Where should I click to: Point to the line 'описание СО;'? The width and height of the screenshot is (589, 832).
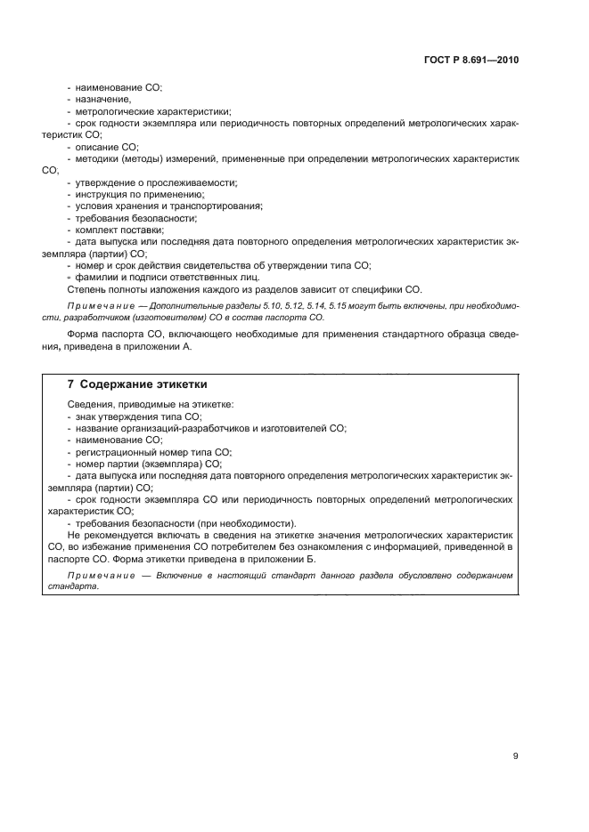click(106, 146)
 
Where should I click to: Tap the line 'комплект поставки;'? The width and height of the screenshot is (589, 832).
click(119, 229)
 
